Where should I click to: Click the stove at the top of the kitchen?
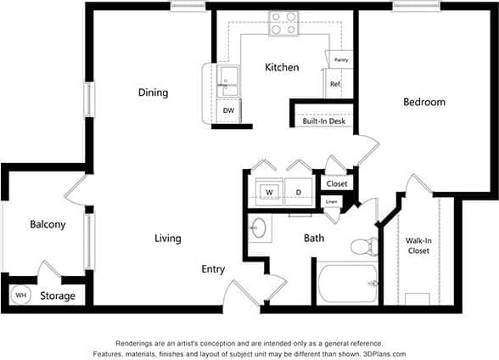tap(283, 23)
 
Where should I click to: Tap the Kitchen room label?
tap(281, 67)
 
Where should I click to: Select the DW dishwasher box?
tap(228, 110)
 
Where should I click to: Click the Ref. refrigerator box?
tap(334, 84)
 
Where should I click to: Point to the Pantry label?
tap(341, 60)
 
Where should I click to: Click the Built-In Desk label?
tap(322, 121)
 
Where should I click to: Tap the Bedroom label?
tap(423, 102)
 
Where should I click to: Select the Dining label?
tap(153, 93)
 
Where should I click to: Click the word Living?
tap(167, 239)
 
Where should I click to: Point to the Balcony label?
tap(48, 224)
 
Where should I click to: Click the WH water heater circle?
tap(21, 295)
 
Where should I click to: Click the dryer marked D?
tap(299, 191)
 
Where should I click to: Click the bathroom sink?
tap(260, 229)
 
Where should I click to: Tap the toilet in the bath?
tap(363, 246)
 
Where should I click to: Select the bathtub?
tap(348, 283)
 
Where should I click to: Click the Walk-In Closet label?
tap(418, 246)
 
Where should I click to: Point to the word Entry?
tap(213, 269)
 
